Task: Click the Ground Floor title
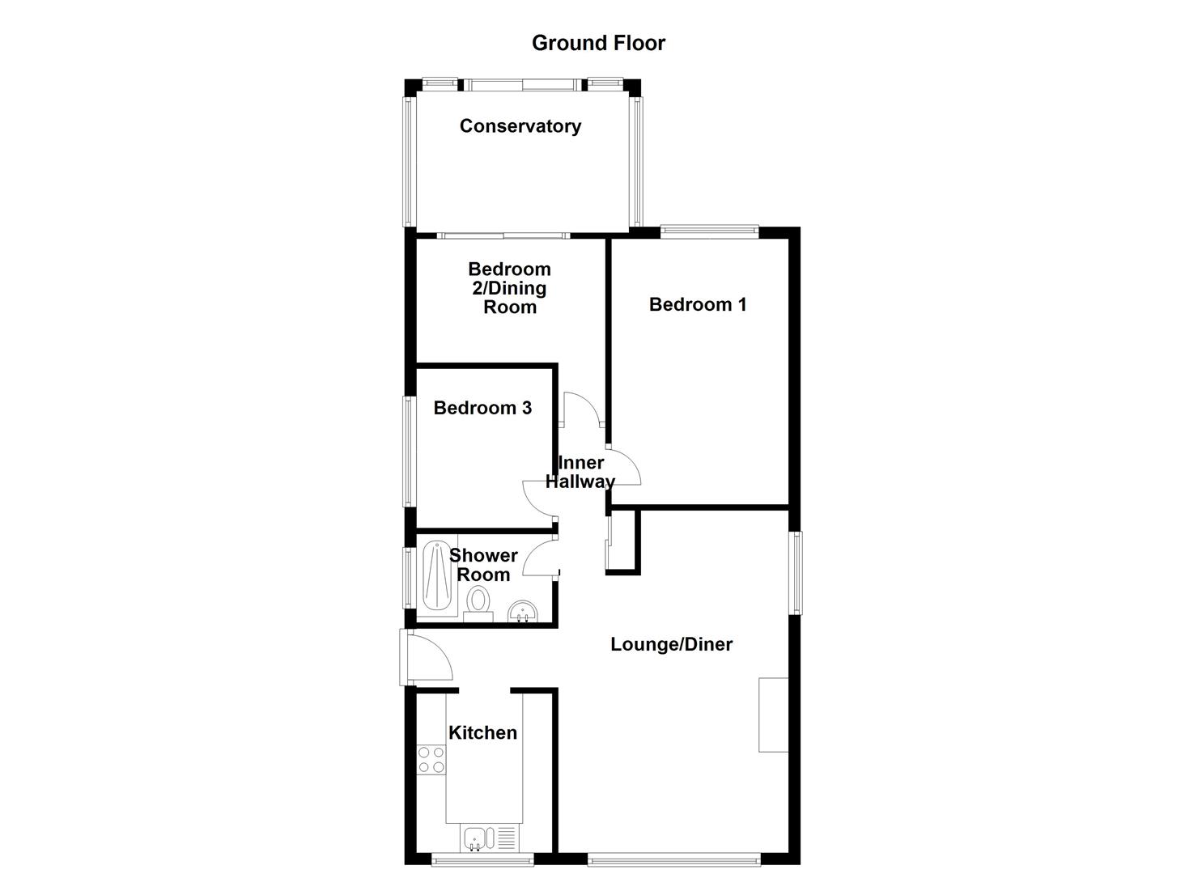(598, 43)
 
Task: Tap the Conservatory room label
(520, 126)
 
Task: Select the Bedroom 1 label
(697, 304)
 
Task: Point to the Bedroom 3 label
(482, 408)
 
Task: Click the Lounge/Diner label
(671, 644)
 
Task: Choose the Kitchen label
(482, 732)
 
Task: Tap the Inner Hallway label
(580, 472)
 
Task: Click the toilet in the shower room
(478, 603)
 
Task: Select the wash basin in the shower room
(523, 612)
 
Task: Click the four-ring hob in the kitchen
(431, 759)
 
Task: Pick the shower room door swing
(541, 558)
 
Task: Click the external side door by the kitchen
(427, 658)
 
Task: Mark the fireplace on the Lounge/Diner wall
(773, 715)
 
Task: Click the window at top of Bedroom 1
(709, 232)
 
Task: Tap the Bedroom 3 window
(410, 451)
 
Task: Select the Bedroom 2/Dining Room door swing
(582, 409)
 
